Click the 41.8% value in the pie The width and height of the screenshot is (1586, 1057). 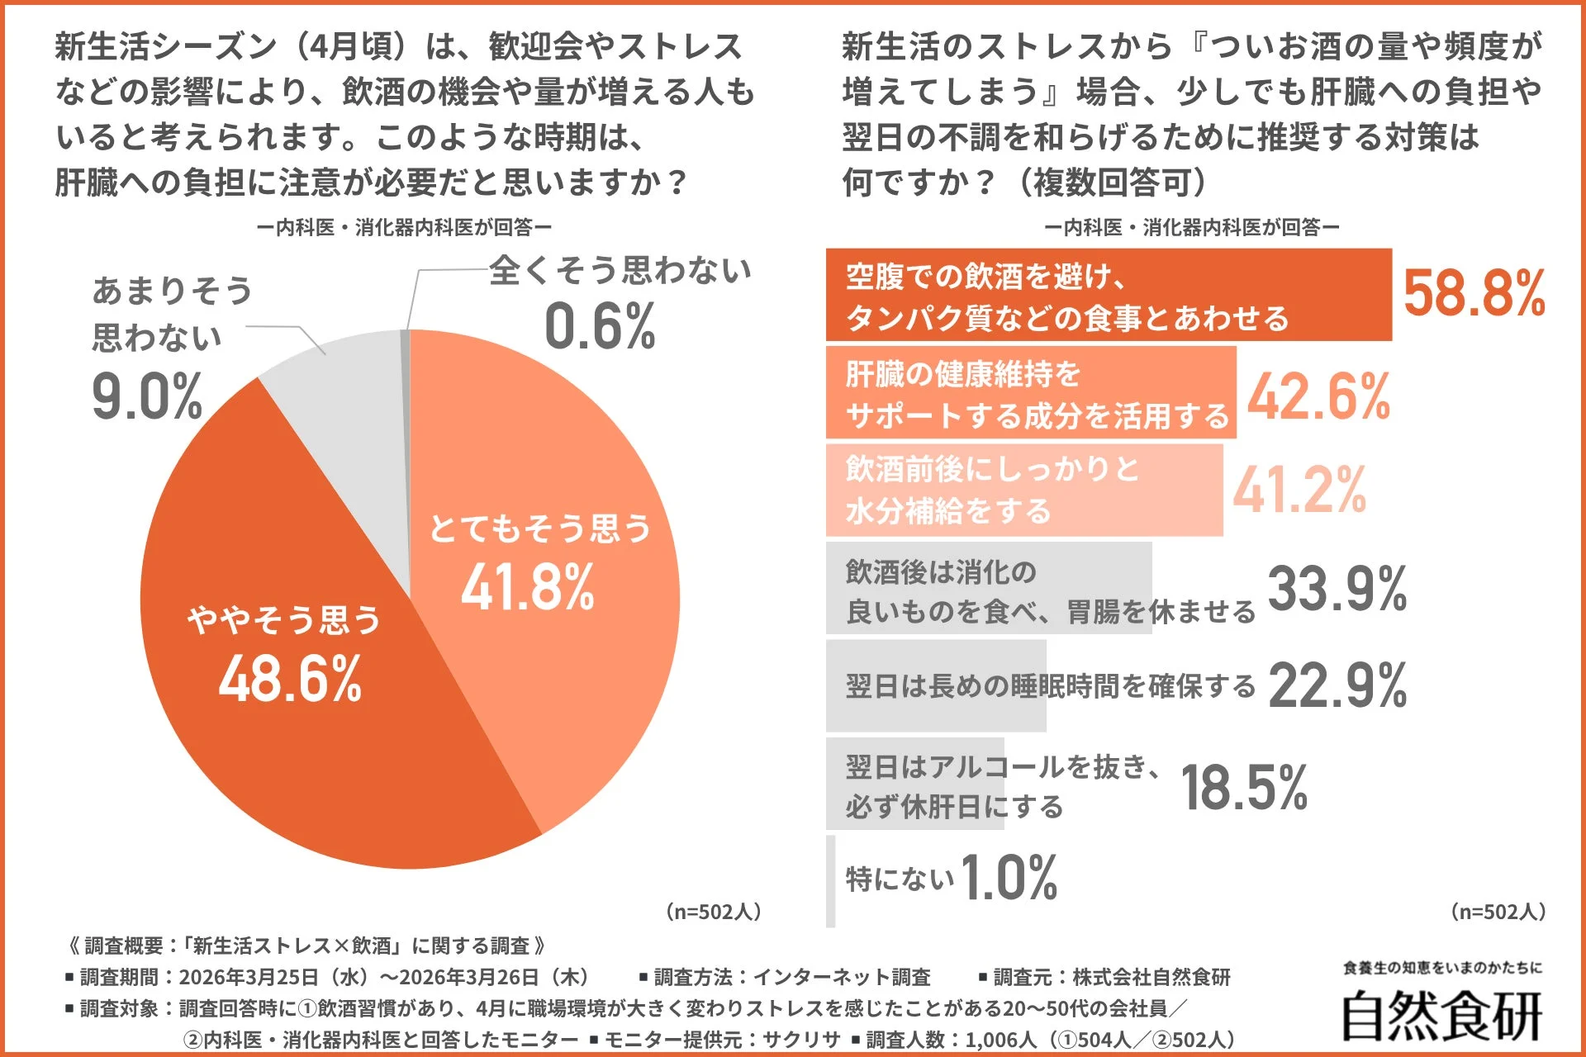tap(527, 587)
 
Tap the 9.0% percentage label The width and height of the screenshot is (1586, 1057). tap(147, 397)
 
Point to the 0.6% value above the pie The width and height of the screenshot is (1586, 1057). tap(600, 326)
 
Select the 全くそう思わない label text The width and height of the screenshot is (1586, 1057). tap(620, 270)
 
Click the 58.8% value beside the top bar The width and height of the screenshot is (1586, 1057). tap(1474, 294)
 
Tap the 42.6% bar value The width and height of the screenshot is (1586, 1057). tap(1318, 397)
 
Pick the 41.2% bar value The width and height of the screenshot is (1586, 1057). tap(1299, 491)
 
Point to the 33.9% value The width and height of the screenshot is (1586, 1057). tap(1337, 589)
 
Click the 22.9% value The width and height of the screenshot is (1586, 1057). tap(1337, 685)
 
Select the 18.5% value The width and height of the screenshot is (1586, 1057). tap(1244, 787)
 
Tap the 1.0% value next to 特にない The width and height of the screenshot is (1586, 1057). tap(1009, 877)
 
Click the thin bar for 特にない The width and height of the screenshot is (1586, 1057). tap(831, 880)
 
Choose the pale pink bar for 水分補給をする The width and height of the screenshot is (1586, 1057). tap(1023, 491)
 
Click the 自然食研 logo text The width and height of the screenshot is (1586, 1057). tap(1441, 1016)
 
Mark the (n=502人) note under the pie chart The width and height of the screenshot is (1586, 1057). tap(713, 912)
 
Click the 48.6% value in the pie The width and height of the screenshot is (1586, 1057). tap(290, 679)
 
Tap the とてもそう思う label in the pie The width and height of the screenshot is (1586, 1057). tap(540, 528)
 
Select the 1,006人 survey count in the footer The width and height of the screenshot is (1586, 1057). tap(1002, 1040)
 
